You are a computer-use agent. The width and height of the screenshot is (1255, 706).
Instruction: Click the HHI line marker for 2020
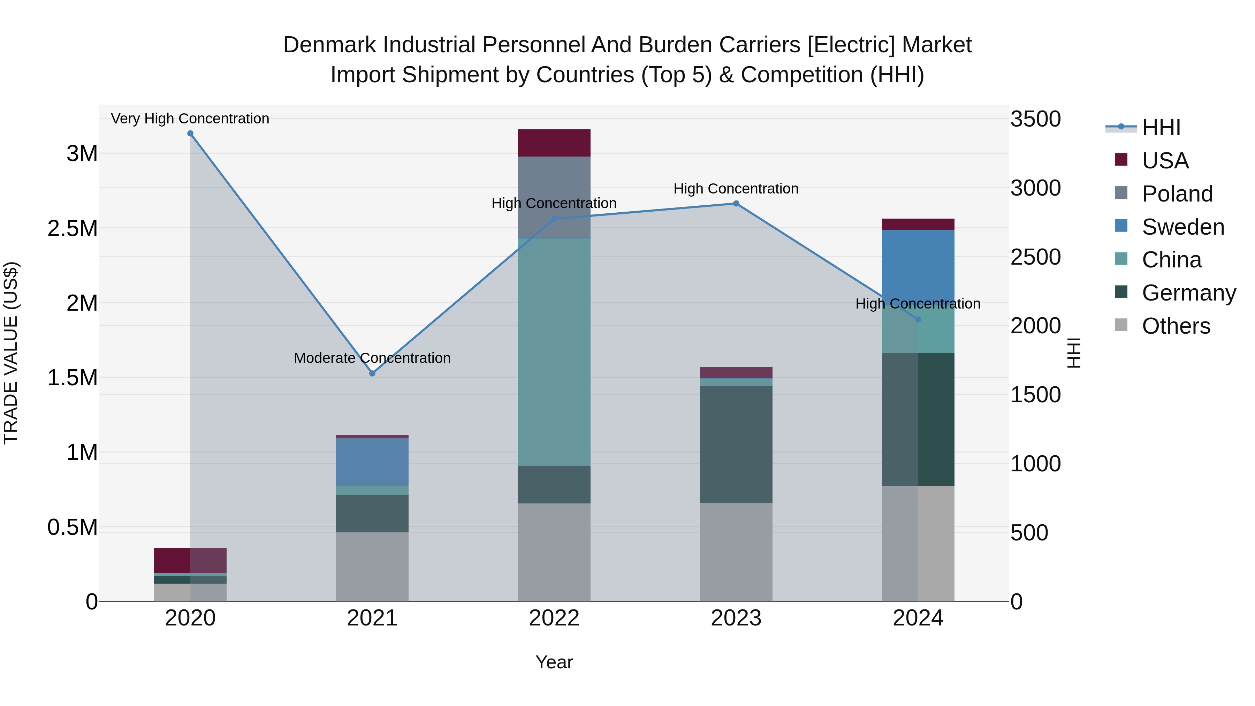190,134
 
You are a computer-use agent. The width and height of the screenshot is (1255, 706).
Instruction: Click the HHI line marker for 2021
372,373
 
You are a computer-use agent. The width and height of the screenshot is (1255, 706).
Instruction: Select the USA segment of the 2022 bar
554,143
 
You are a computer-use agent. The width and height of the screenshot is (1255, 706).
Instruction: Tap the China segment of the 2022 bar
554,351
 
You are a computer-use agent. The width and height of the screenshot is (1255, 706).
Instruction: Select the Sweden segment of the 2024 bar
918,263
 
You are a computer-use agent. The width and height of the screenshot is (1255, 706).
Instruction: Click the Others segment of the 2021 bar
372,566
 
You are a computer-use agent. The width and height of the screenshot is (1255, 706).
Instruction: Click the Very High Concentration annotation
190,119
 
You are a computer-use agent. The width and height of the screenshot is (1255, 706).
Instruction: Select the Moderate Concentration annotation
372,358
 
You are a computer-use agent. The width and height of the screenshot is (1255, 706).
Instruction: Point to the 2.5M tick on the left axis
73,228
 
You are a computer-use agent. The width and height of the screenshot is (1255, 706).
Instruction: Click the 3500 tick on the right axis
1035,119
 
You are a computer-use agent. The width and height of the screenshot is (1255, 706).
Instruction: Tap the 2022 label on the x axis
554,618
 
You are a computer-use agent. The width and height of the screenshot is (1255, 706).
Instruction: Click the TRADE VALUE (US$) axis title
11,353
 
